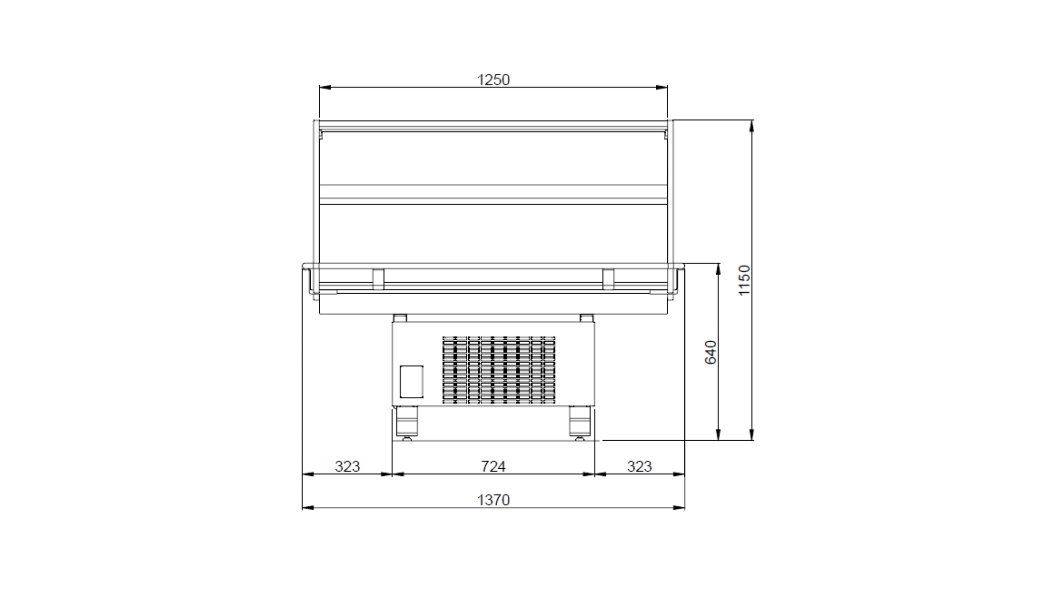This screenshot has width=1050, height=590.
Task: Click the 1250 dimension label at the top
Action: click(493, 79)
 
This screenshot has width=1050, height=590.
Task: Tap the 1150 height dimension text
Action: click(744, 280)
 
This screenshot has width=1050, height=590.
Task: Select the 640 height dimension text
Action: click(711, 352)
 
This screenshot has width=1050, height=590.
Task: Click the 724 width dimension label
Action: click(493, 466)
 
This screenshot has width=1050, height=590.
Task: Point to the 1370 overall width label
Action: click(493, 500)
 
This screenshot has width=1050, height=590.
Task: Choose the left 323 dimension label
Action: click(347, 466)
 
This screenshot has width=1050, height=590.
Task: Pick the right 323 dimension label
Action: click(639, 466)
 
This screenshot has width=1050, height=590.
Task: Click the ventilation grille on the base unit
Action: click(499, 369)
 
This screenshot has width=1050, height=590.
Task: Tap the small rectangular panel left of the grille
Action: click(411, 381)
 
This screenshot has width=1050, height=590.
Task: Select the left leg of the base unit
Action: click(407, 421)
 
